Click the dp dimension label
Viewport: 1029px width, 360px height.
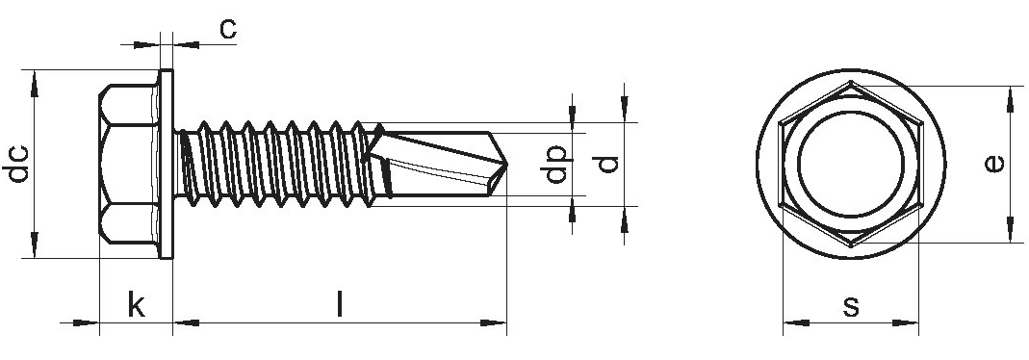(555, 164)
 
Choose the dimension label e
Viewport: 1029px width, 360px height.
(995, 163)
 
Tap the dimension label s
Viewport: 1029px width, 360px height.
(851, 305)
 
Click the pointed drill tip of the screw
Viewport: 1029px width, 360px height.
(506, 165)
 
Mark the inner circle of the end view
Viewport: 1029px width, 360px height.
(851, 112)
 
